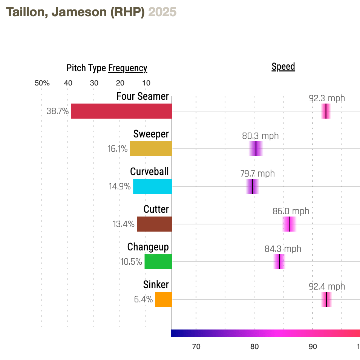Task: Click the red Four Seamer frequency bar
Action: tap(121, 111)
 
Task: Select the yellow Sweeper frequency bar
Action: tap(151, 149)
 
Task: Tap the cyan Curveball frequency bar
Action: tap(152, 186)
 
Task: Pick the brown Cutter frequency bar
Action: tap(154, 224)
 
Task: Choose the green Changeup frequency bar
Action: tap(158, 262)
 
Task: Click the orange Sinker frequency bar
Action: tap(163, 299)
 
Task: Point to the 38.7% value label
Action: tap(58, 111)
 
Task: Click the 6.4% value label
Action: tap(143, 300)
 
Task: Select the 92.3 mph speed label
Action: tap(327, 99)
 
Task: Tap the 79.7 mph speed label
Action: tap(257, 174)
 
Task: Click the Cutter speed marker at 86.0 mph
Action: tap(289, 224)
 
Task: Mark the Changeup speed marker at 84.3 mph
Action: tap(279, 262)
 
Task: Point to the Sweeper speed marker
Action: tap(256, 149)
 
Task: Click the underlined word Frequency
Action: tap(127, 68)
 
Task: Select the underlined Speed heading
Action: tap(283, 67)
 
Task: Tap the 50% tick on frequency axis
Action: tap(42, 83)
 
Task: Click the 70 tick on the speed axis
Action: tap(196, 347)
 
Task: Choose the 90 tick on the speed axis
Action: tap(313, 347)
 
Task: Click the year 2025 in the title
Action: tap(162, 12)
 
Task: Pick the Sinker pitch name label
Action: tap(156, 284)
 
